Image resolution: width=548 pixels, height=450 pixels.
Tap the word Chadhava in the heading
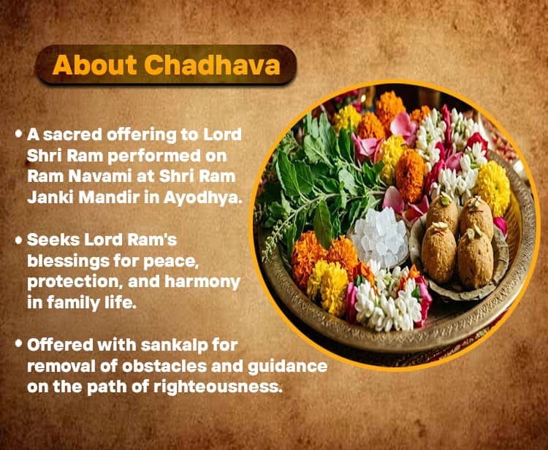tap(213, 65)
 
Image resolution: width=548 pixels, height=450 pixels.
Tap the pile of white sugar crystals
tap(379, 238)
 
